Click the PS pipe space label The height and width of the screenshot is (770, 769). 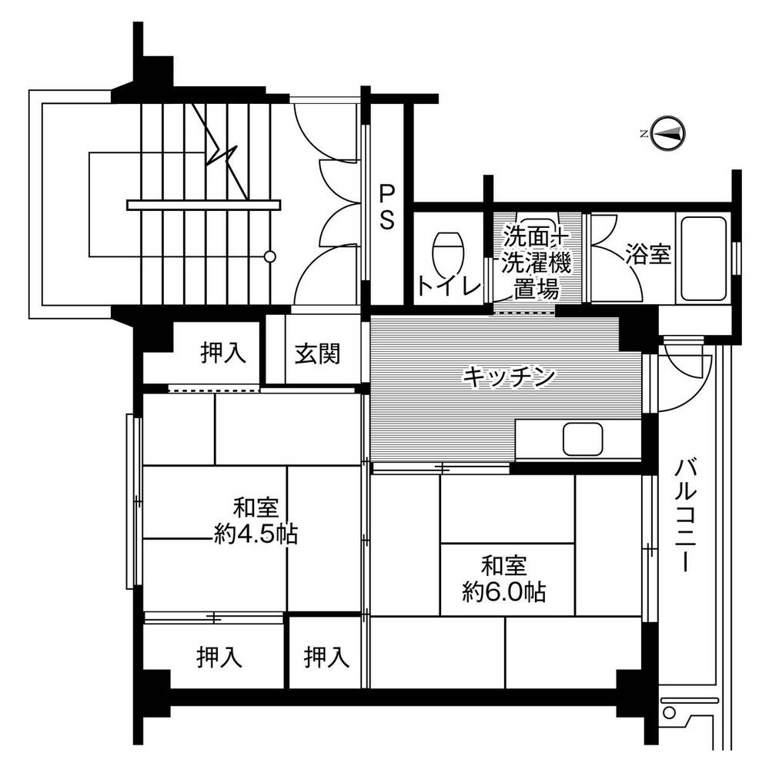(386, 207)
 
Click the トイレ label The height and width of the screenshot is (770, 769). (448, 286)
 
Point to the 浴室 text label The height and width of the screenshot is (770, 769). (647, 253)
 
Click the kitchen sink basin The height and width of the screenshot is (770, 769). (583, 439)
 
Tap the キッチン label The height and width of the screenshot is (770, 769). (509, 377)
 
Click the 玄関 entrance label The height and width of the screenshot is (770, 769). (317, 353)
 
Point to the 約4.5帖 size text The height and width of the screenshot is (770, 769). (256, 534)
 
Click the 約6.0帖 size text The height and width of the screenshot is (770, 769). (504, 591)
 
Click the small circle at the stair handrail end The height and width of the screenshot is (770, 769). (269, 256)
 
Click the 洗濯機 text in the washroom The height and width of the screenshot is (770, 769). (536, 264)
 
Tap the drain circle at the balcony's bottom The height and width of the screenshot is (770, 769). (669, 712)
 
